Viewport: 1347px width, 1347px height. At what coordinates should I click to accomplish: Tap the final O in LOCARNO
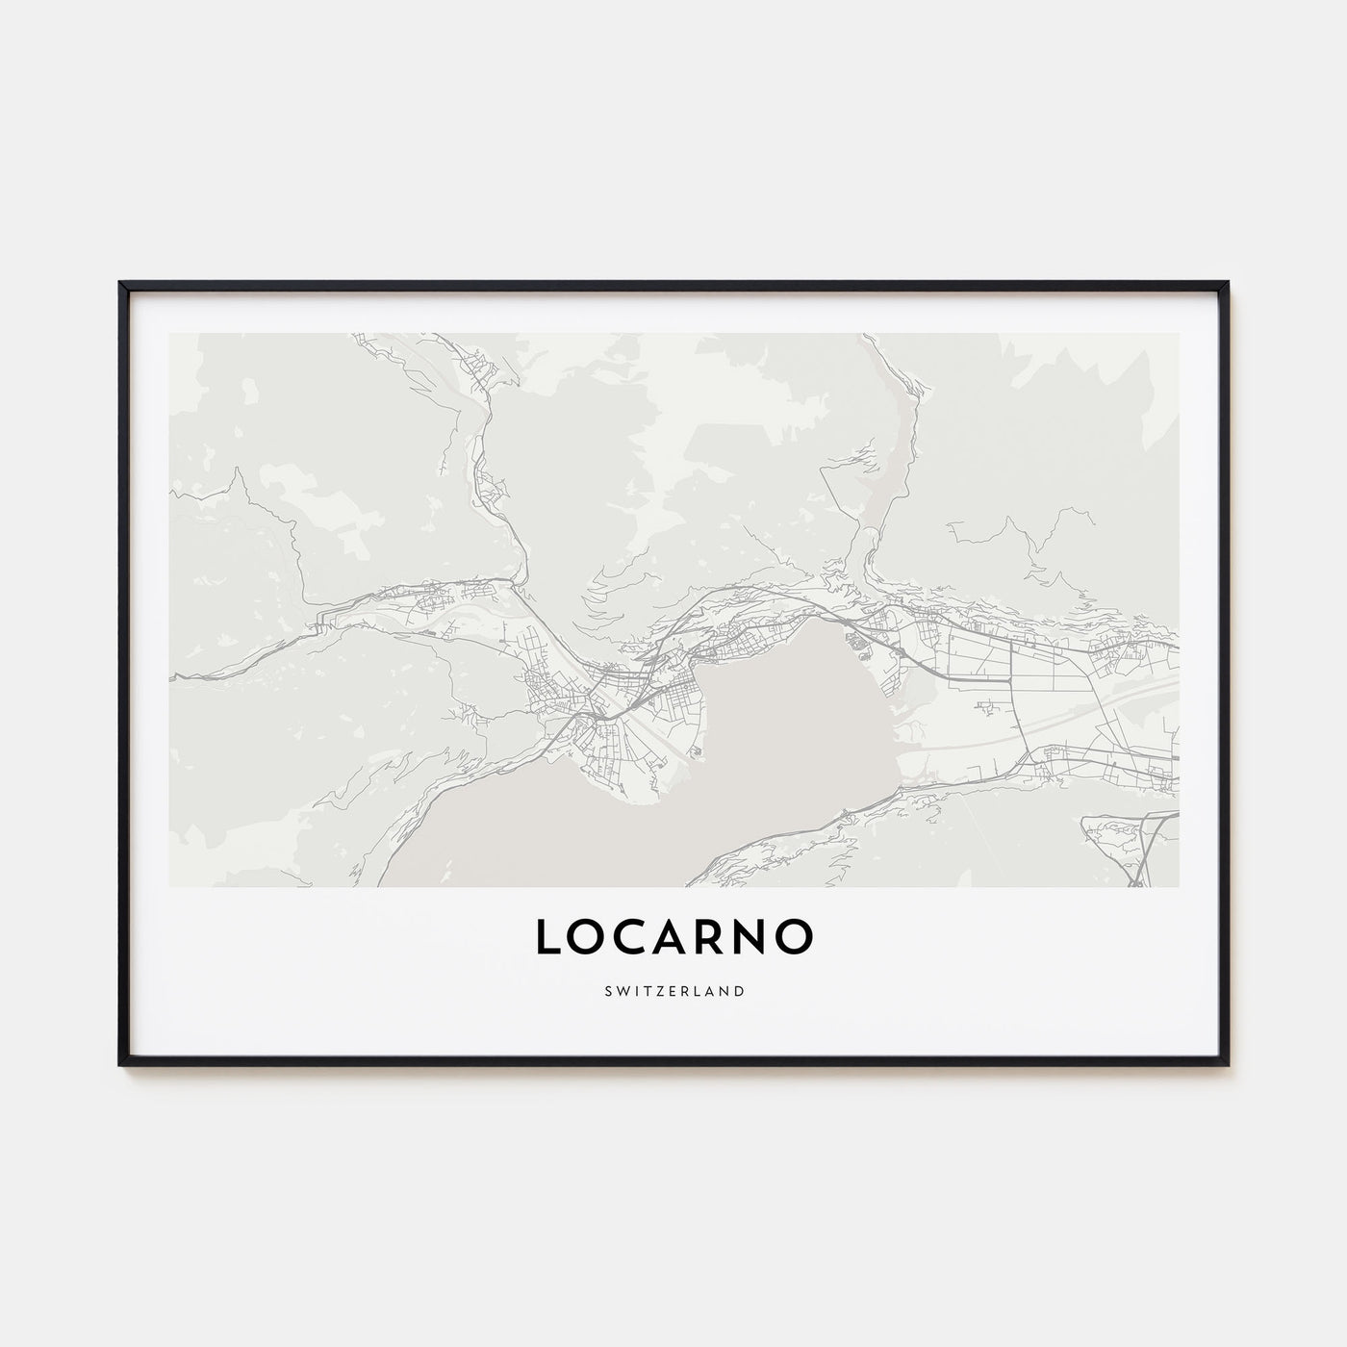[794, 938]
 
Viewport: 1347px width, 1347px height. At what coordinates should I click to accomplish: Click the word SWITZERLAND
[673, 990]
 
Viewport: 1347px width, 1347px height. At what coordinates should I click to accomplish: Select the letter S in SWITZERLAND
[607, 990]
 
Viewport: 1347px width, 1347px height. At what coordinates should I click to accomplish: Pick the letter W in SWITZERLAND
[621, 990]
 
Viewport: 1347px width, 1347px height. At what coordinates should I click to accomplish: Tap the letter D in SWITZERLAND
[739, 990]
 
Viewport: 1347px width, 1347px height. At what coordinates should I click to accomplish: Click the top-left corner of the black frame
[121, 284]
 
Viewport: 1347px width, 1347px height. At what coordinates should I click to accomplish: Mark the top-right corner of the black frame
[1227, 284]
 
